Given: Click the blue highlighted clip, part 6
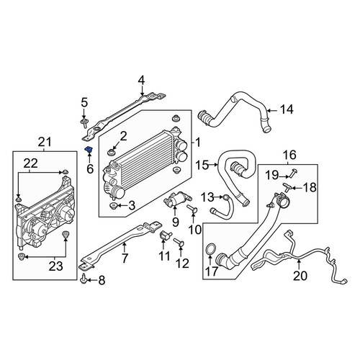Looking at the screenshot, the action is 89,150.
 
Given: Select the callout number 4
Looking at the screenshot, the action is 141,81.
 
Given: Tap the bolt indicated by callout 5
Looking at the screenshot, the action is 84,122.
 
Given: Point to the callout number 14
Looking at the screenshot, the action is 287,109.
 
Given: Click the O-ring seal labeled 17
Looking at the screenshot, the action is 210,250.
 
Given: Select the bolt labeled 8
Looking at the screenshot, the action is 84,278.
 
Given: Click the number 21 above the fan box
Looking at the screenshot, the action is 45,142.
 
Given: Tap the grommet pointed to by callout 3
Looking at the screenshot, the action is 112,206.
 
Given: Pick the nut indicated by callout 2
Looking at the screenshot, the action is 111,152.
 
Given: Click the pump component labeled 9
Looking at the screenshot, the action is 177,200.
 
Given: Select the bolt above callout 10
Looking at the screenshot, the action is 192,208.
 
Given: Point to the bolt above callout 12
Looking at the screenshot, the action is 179,242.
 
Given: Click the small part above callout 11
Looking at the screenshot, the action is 165,235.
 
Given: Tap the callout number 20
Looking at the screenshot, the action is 300,276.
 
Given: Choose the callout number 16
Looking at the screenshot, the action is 289,155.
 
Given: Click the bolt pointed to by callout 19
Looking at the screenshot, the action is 293,173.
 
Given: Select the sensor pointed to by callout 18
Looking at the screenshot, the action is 287,186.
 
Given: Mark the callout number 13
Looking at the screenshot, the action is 207,197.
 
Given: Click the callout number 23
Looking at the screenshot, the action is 56,266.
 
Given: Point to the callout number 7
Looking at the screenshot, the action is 125,258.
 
